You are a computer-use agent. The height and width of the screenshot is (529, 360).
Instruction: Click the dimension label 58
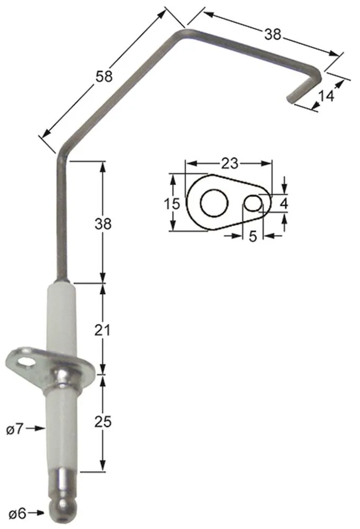(x=104, y=76)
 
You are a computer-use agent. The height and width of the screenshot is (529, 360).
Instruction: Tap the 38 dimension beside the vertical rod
(x=104, y=224)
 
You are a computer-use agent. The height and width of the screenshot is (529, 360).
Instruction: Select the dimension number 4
(x=284, y=203)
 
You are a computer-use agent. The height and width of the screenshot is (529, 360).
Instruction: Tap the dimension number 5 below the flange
(x=253, y=236)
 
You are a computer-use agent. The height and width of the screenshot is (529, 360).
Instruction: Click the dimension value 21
(x=104, y=331)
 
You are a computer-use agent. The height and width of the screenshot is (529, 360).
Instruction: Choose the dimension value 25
(x=104, y=422)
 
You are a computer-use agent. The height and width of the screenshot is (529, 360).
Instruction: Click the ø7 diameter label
(x=15, y=428)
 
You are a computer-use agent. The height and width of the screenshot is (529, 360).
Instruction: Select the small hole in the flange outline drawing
(x=253, y=203)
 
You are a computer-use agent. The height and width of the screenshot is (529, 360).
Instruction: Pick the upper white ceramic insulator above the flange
(x=62, y=317)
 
